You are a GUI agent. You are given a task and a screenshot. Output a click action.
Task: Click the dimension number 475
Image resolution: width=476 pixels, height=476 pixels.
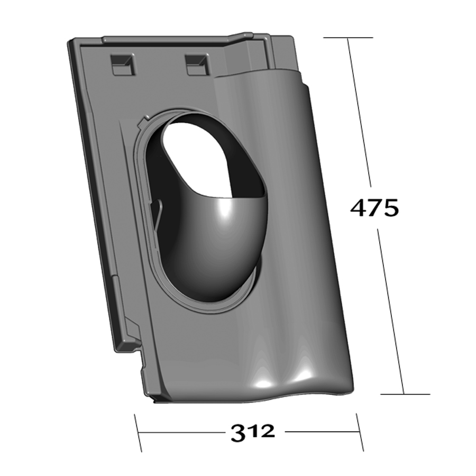pos(374,208)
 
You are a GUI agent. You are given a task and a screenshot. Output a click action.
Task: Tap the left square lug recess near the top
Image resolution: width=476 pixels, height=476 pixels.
pos(123,65)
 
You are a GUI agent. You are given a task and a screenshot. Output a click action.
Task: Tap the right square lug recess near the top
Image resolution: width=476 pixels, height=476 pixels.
pos(197,65)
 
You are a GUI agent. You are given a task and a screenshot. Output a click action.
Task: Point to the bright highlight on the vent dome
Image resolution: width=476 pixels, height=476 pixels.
pos(225,210)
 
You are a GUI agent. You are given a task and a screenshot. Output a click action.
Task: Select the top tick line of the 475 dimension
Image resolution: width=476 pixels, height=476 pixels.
pos(348,38)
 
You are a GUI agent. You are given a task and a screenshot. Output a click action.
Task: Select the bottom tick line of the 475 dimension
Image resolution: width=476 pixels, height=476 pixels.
pos(405,395)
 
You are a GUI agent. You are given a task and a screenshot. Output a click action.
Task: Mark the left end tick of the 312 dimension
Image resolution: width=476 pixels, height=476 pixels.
pos(138,433)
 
